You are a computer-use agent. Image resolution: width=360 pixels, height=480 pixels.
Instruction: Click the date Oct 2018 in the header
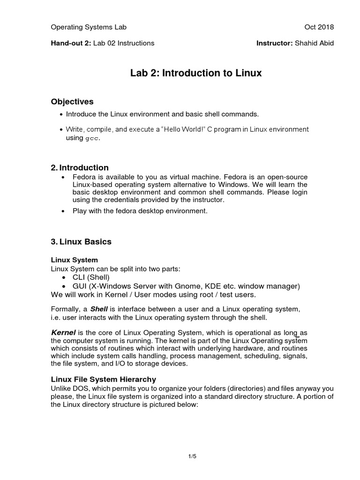319,27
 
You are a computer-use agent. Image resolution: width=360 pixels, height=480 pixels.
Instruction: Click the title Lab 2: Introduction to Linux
195,74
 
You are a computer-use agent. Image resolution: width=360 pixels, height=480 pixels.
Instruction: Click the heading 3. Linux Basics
81,242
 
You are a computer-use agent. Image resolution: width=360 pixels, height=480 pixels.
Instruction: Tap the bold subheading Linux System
74,260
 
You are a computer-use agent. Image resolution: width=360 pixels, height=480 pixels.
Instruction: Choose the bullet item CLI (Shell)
88,277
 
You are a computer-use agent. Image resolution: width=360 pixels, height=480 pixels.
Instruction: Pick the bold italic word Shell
98,309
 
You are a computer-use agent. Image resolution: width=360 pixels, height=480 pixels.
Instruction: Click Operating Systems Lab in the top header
89,27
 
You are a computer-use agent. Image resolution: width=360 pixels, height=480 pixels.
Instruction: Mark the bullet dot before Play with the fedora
62,211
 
